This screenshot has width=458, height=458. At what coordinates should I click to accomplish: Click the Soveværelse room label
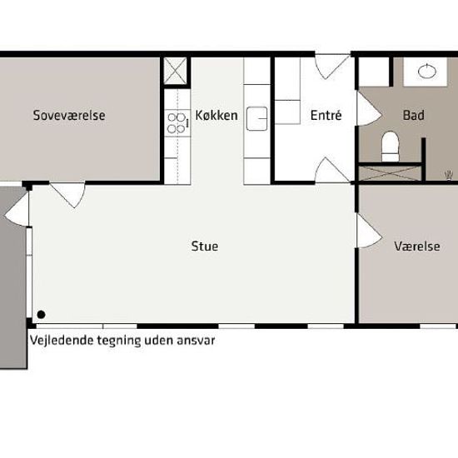tap(69, 116)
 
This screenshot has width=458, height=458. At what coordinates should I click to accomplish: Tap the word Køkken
tap(217, 116)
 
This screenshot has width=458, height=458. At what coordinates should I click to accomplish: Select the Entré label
tap(326, 116)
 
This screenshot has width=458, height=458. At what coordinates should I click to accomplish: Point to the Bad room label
tap(413, 116)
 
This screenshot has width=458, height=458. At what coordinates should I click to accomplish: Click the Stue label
tap(205, 246)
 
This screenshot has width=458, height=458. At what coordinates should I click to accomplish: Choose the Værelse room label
tap(417, 246)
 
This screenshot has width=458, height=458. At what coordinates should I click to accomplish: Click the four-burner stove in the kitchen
tap(177, 123)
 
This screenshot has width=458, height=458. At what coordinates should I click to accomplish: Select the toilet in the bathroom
tap(390, 146)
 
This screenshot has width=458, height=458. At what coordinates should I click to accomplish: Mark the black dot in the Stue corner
tap(40, 315)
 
